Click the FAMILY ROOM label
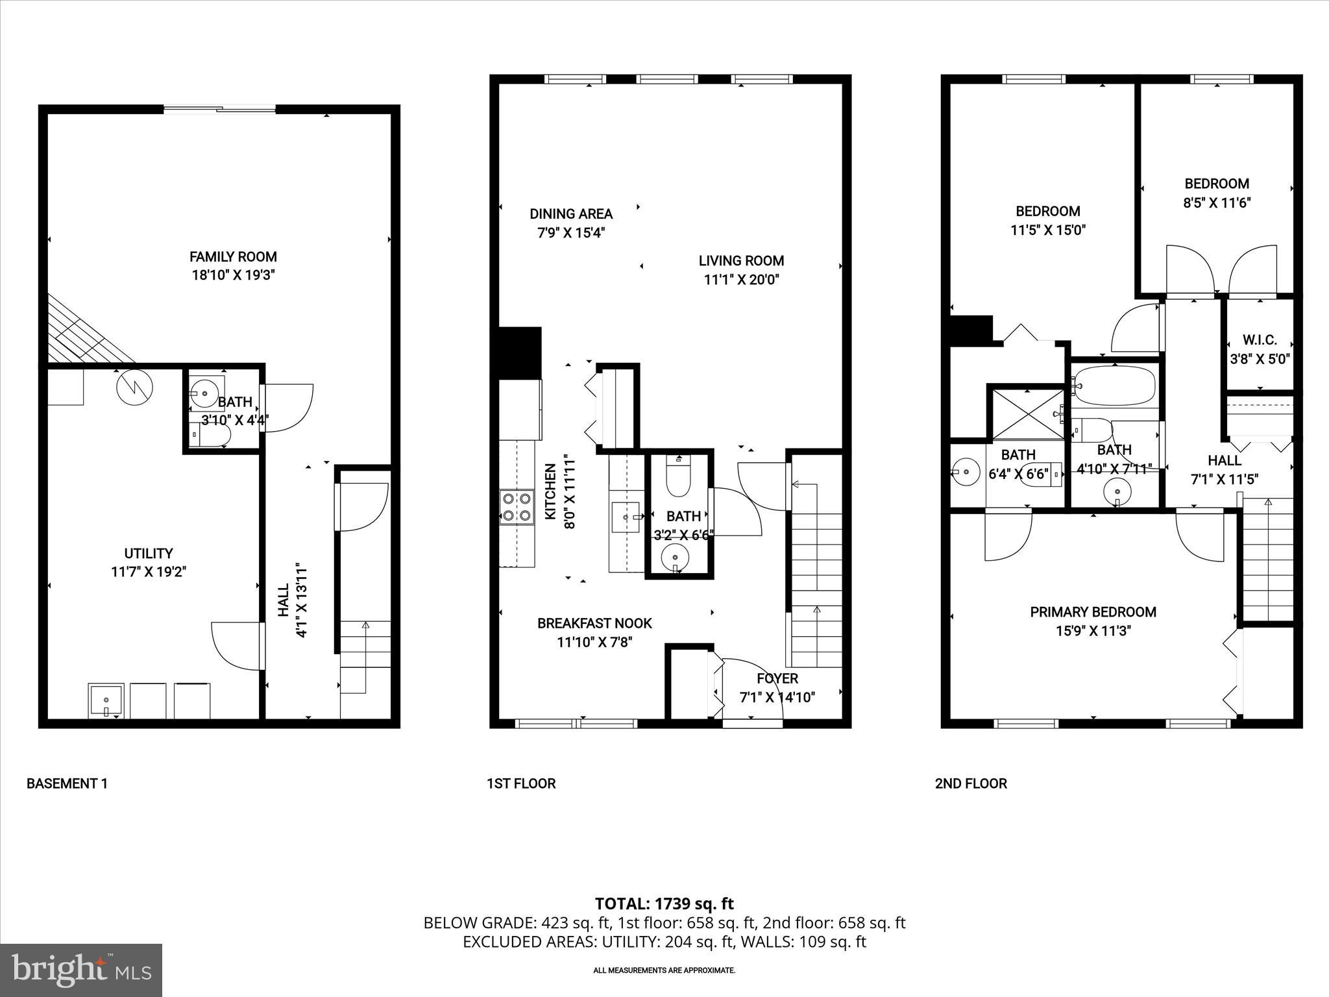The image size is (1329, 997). point(233,256)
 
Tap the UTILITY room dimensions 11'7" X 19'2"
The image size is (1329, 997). point(149,572)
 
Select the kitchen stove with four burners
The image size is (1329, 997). point(517,507)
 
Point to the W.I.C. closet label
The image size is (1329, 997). point(1260,339)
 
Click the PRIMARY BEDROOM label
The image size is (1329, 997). point(1093,611)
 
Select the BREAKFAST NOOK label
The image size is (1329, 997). point(594,623)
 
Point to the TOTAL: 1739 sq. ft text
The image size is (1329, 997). point(664,903)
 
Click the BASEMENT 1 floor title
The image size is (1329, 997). point(67,783)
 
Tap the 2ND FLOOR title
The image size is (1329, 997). point(971,783)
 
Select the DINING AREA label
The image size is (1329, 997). point(571,214)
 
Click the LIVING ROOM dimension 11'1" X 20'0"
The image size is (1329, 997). point(741,280)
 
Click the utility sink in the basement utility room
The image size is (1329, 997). point(106,700)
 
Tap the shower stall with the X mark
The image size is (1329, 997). point(1026,413)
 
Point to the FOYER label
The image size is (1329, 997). point(777,678)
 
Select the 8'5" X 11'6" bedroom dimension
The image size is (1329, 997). point(1217,203)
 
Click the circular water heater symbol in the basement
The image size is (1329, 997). point(134,388)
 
